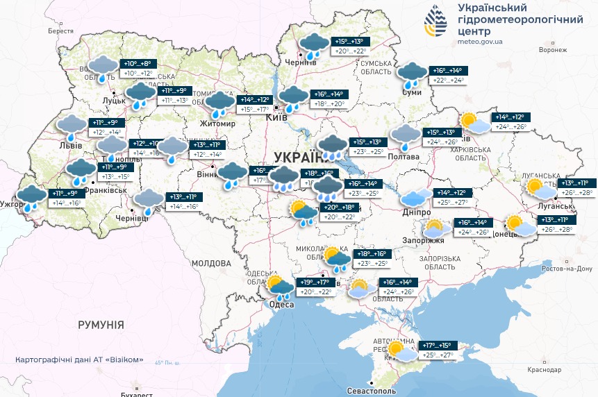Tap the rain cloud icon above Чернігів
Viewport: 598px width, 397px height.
click(x=314, y=46)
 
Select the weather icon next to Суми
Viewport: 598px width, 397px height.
click(x=413, y=74)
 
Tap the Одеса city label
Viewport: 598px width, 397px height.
click(x=282, y=305)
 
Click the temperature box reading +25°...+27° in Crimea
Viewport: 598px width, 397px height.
click(x=436, y=355)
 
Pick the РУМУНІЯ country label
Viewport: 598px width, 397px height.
click(x=101, y=324)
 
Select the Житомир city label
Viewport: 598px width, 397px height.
click(x=218, y=124)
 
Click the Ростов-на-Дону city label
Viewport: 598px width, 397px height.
click(x=566, y=269)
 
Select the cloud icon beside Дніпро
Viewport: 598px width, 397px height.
click(x=417, y=198)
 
